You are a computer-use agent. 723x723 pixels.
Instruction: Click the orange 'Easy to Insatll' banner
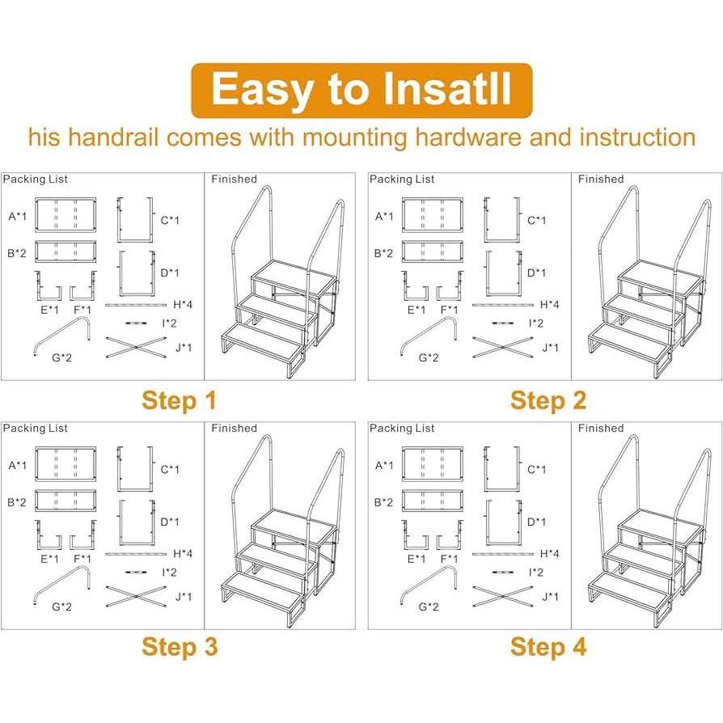(361, 90)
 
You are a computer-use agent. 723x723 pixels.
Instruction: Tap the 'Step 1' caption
(179, 400)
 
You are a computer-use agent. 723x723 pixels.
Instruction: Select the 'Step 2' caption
(548, 400)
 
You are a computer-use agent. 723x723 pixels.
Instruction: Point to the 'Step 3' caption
(179, 647)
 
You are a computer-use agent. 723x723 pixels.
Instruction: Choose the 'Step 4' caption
(548, 647)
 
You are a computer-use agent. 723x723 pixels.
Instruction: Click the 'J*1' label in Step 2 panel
(551, 348)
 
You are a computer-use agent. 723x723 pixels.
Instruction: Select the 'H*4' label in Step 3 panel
(183, 554)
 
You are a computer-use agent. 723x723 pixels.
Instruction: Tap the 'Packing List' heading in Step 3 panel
(35, 428)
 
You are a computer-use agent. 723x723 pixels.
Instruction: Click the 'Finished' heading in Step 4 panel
(600, 428)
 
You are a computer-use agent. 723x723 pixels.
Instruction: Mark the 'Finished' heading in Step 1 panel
(234, 179)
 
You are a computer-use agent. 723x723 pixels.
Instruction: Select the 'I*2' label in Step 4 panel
(536, 572)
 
